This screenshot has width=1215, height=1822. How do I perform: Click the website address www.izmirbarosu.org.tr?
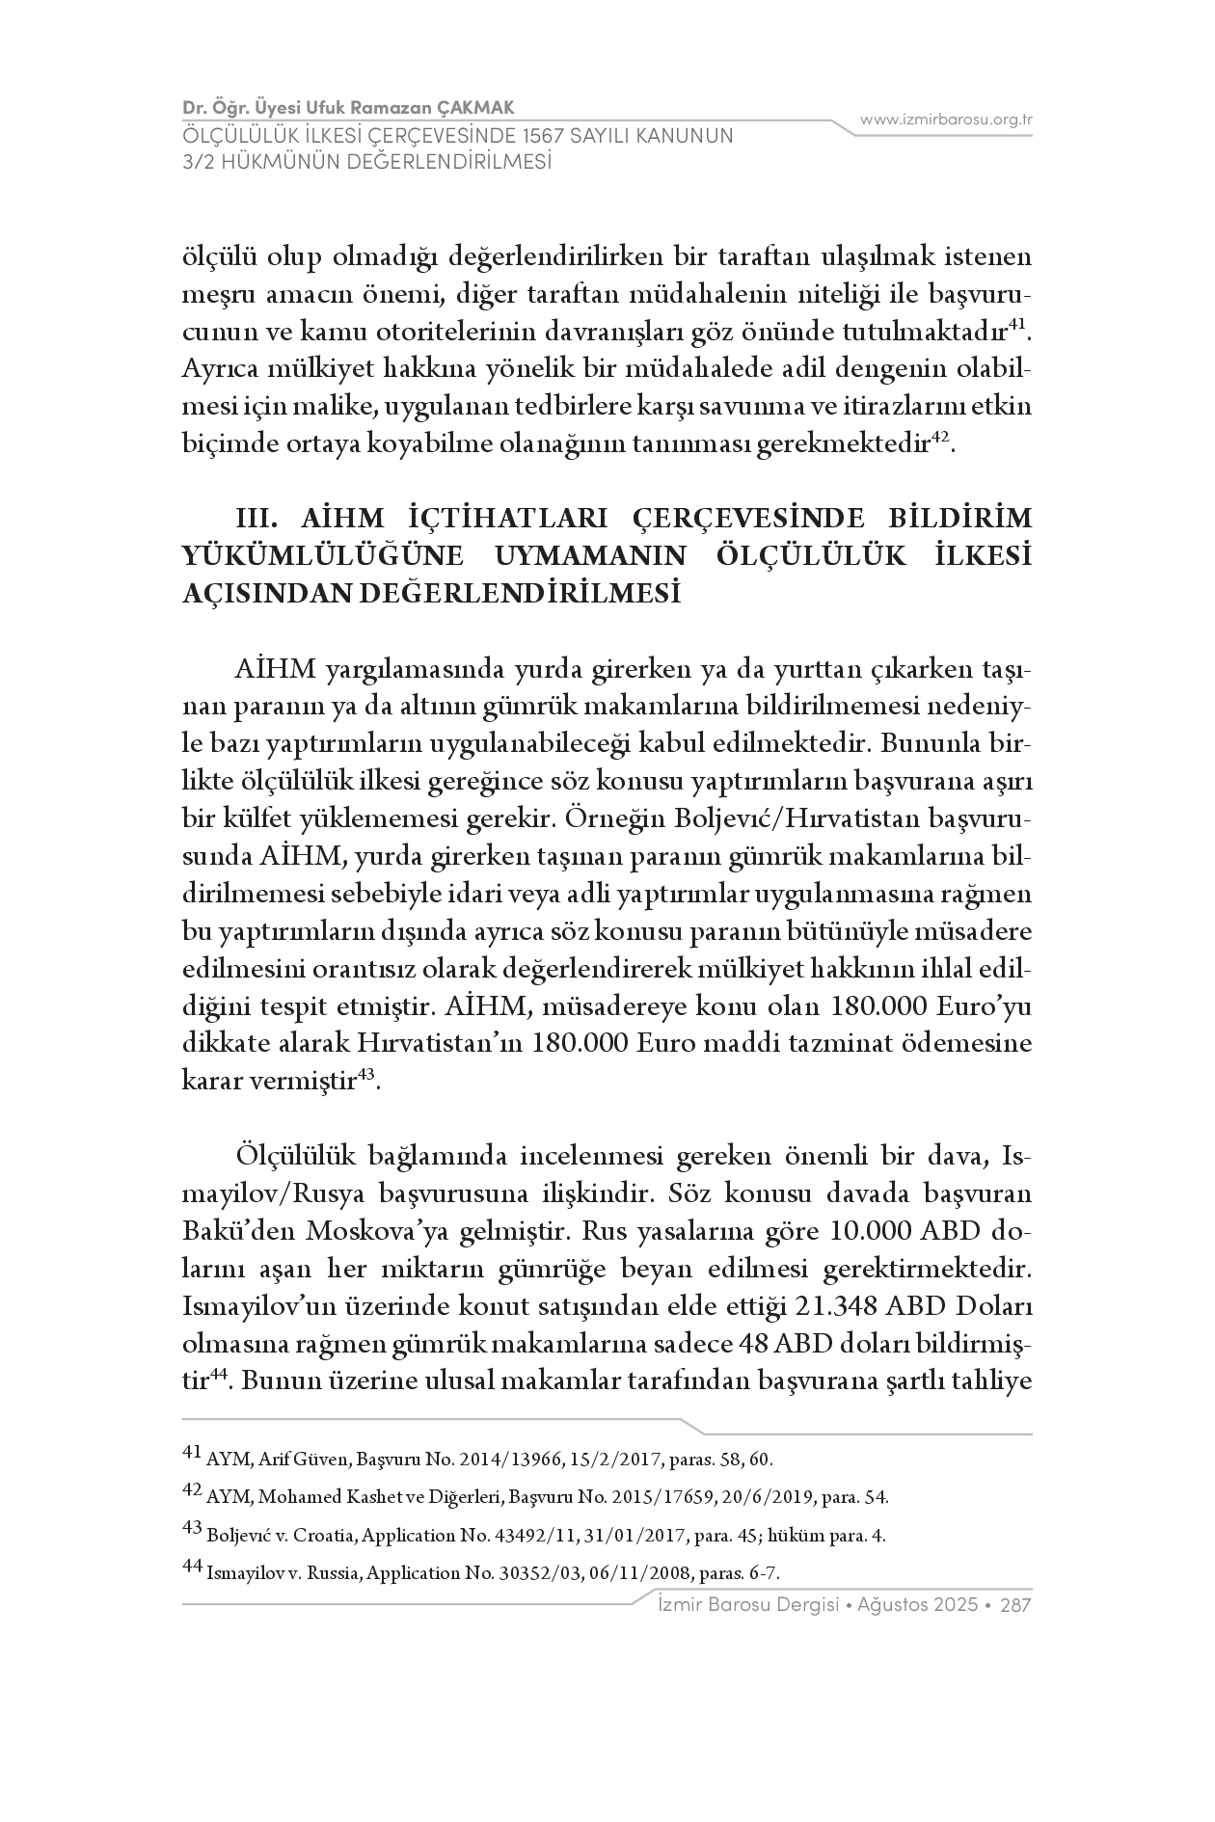(946, 120)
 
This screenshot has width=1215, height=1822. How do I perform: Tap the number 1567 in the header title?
(538, 135)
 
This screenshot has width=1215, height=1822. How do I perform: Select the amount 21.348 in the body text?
(839, 1307)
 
